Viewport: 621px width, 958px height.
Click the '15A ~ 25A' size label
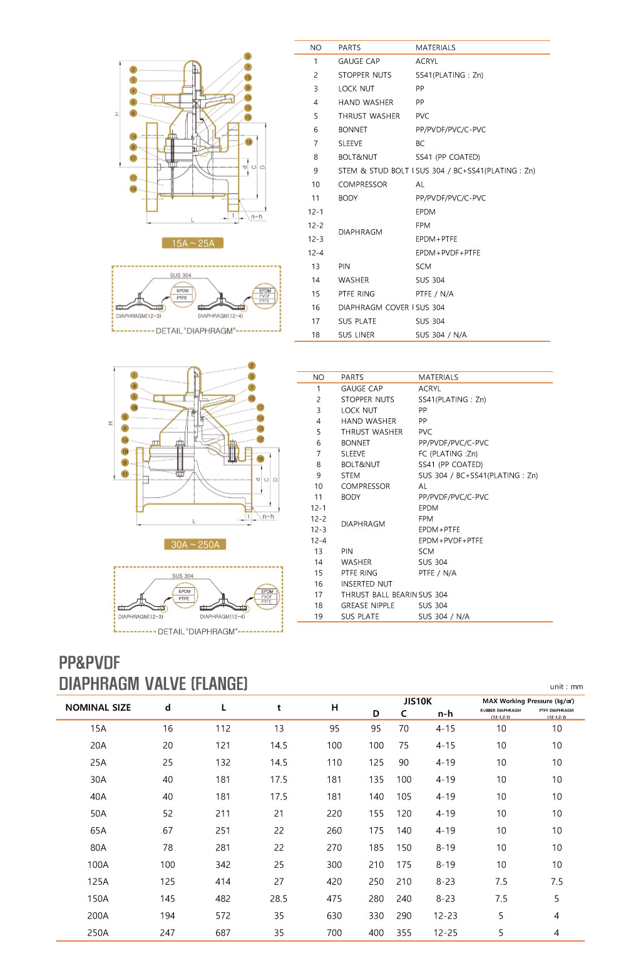click(x=193, y=243)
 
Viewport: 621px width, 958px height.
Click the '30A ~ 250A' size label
click(x=195, y=545)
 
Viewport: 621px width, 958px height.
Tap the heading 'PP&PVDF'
click(x=90, y=662)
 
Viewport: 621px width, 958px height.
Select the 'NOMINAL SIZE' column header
click(x=98, y=708)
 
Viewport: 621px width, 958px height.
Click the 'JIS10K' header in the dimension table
click(x=418, y=701)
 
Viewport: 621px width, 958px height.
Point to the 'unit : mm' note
click(x=567, y=687)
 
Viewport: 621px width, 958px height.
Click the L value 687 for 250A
click(x=223, y=932)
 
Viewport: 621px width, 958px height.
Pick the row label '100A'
click(x=98, y=865)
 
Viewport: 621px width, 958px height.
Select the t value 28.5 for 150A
click(x=279, y=899)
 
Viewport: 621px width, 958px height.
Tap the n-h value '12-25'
click(x=445, y=932)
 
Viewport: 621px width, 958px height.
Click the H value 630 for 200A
click(x=334, y=915)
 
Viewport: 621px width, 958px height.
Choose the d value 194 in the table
click(x=168, y=915)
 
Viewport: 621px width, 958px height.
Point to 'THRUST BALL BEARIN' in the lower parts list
click(x=379, y=595)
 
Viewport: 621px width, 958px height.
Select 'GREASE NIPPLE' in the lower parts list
click(x=367, y=605)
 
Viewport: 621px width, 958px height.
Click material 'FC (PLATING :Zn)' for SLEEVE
click(x=448, y=454)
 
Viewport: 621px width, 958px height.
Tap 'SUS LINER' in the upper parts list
click(x=356, y=335)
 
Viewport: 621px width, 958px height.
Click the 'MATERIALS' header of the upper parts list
click(x=435, y=48)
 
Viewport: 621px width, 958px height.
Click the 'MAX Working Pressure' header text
click(x=528, y=701)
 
